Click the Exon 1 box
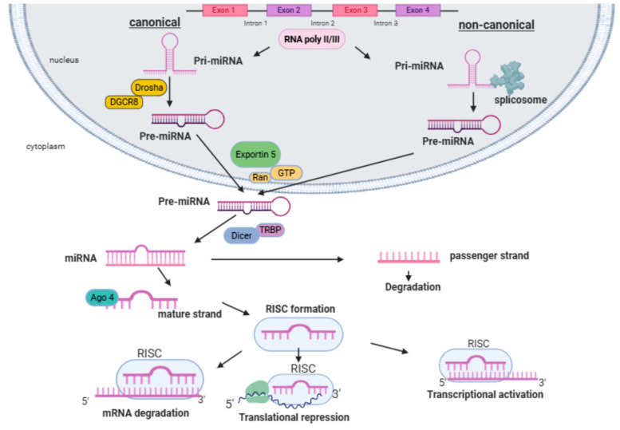(225, 10)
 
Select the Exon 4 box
(418, 10)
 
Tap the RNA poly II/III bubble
(311, 39)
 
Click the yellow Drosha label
(148, 87)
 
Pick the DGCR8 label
(124, 102)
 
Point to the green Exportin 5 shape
(255, 154)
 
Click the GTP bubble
(286, 173)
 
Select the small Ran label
(260, 177)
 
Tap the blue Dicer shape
(241, 235)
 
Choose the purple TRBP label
(271, 230)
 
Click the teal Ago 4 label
(102, 298)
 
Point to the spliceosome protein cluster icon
(507, 77)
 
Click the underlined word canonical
(155, 22)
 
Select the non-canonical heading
(496, 25)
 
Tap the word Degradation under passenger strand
(413, 287)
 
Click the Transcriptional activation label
(485, 394)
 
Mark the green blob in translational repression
(258, 392)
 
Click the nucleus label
(64, 60)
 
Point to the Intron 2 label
(322, 23)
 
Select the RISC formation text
(300, 309)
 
